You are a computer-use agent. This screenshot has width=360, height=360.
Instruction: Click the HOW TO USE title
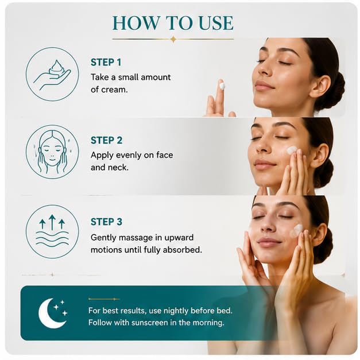(173, 23)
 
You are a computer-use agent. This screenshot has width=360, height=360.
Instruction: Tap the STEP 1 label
(106, 63)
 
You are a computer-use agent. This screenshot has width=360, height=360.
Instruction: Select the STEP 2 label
(107, 141)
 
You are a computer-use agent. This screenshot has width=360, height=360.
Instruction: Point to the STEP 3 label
(107, 222)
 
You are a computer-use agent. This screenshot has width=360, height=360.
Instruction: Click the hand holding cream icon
(52, 75)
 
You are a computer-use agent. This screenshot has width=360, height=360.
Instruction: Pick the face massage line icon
(52, 152)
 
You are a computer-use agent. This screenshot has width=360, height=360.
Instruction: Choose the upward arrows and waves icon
(52, 231)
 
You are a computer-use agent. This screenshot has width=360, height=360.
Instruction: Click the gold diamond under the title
(174, 39)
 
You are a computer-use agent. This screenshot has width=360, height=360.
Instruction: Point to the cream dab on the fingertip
(222, 86)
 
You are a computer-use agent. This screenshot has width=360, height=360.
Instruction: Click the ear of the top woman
(322, 85)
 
